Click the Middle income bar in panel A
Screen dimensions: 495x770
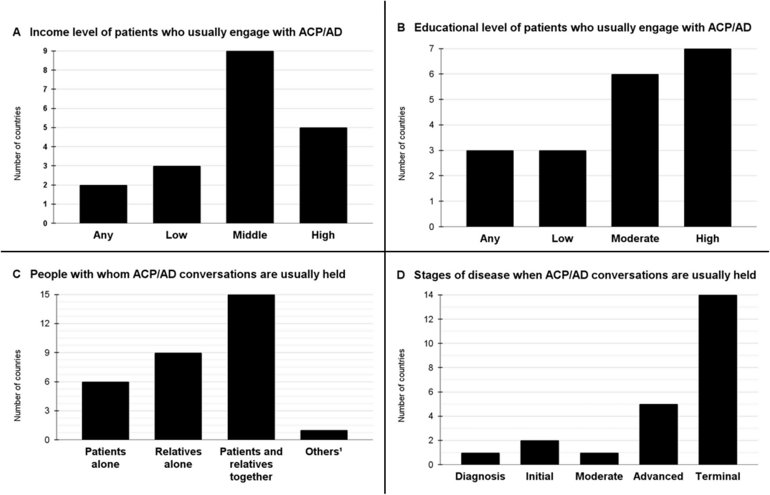click(250, 137)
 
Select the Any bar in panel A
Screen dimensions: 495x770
click(103, 204)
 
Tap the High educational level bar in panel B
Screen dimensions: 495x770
click(707, 138)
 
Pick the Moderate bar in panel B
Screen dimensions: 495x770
click(635, 150)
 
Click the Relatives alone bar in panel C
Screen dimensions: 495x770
click(178, 396)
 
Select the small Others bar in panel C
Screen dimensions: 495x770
click(324, 435)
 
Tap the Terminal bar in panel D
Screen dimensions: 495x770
click(717, 379)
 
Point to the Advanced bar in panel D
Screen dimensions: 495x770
click(658, 434)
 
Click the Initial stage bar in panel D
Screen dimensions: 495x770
click(539, 452)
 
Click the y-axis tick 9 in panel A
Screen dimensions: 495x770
click(45, 51)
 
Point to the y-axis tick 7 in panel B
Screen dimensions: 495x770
click(431, 49)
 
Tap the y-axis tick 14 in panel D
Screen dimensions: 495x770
click(429, 295)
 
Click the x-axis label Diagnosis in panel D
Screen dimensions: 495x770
click(480, 476)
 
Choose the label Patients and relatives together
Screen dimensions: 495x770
click(251, 464)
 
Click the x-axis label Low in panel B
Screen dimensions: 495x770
click(562, 239)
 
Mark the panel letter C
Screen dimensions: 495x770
click(17, 274)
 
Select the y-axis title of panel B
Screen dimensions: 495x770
click(402, 143)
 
